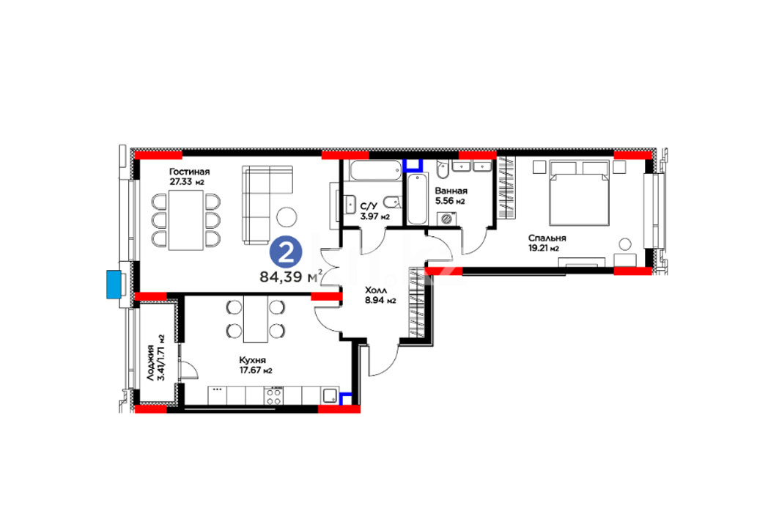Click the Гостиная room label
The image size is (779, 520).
189,172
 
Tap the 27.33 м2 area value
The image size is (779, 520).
187,182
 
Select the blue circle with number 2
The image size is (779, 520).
286,252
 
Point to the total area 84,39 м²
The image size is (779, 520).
291,277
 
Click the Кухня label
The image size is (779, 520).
252,360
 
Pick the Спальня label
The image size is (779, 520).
547,238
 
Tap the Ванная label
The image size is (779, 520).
451,191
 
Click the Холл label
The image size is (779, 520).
376,290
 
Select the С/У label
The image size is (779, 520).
368,206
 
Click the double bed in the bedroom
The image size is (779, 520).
579,193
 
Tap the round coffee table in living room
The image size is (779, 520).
287,216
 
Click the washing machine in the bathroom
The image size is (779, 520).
447,219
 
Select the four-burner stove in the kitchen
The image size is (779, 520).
274,396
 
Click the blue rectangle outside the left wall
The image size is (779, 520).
114,285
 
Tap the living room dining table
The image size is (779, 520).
186,220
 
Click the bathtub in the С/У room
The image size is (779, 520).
375,171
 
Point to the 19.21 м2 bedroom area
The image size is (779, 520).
544,249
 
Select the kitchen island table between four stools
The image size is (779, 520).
256,318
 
